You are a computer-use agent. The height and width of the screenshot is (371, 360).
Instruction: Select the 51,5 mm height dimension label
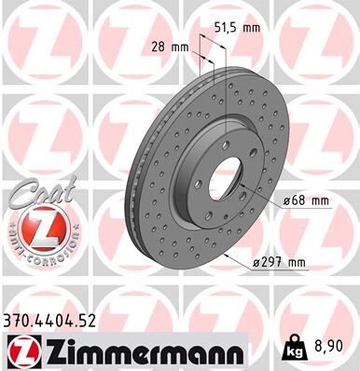(x=238, y=29)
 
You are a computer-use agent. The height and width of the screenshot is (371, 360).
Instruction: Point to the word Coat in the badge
(x=28, y=191)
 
